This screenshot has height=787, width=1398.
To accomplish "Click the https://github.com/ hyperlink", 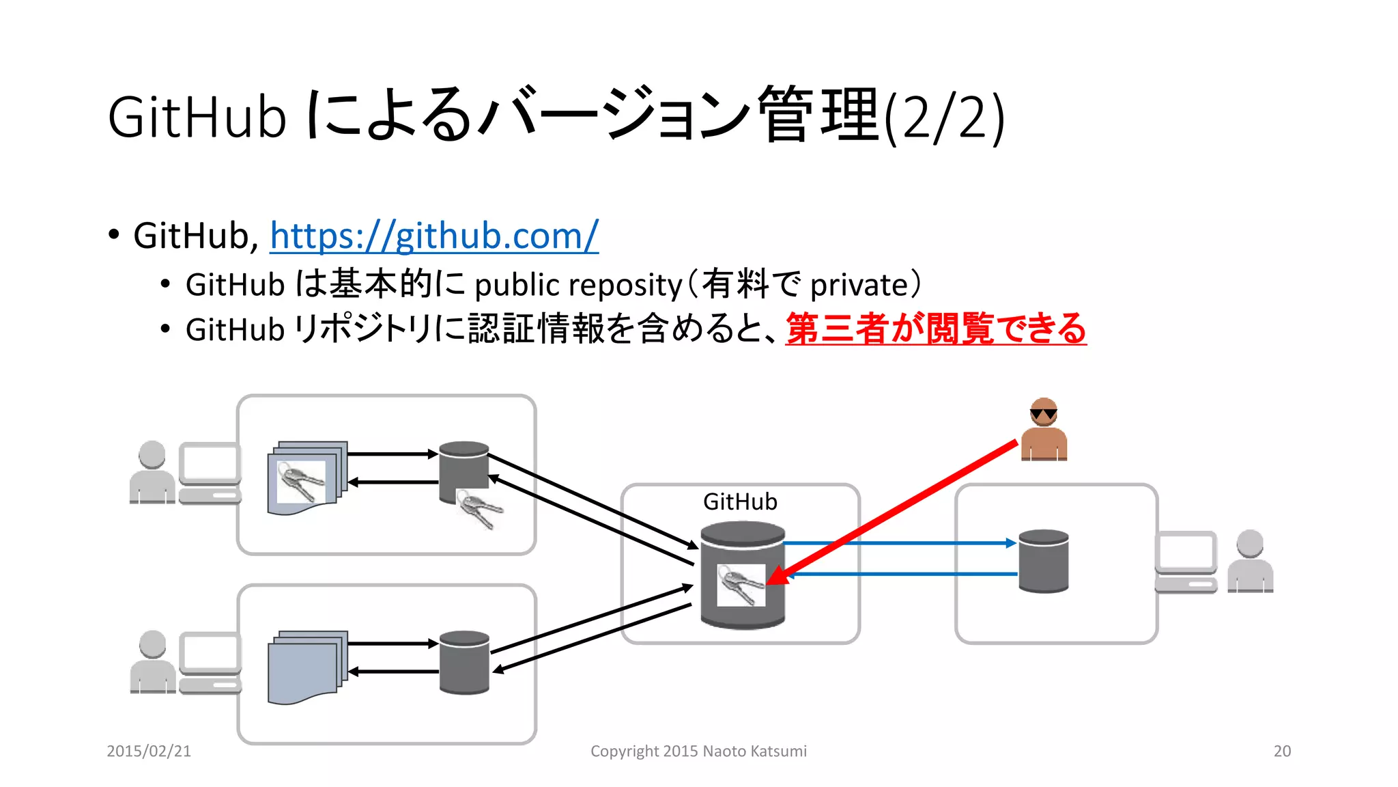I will point(434,236).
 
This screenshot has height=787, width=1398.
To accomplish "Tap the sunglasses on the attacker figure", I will point(1043,413).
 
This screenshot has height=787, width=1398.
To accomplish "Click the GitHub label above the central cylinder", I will point(740,501).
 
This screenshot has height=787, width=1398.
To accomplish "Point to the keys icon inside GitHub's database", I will point(741,585).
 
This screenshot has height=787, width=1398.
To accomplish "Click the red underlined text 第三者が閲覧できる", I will point(935,329).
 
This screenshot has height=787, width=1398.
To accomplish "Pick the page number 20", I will point(1282,751).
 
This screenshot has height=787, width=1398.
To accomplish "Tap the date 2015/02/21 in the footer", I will point(149,751).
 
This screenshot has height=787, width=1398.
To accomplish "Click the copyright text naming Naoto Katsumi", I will point(698,751).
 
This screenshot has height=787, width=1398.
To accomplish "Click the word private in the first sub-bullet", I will point(859,285).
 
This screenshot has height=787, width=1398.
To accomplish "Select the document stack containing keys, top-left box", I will point(306,478).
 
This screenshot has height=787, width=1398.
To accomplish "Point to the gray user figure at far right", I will point(1250,562).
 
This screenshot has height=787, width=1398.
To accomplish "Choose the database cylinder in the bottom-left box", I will point(464,662).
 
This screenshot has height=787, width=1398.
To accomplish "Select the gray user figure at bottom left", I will point(152,662).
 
